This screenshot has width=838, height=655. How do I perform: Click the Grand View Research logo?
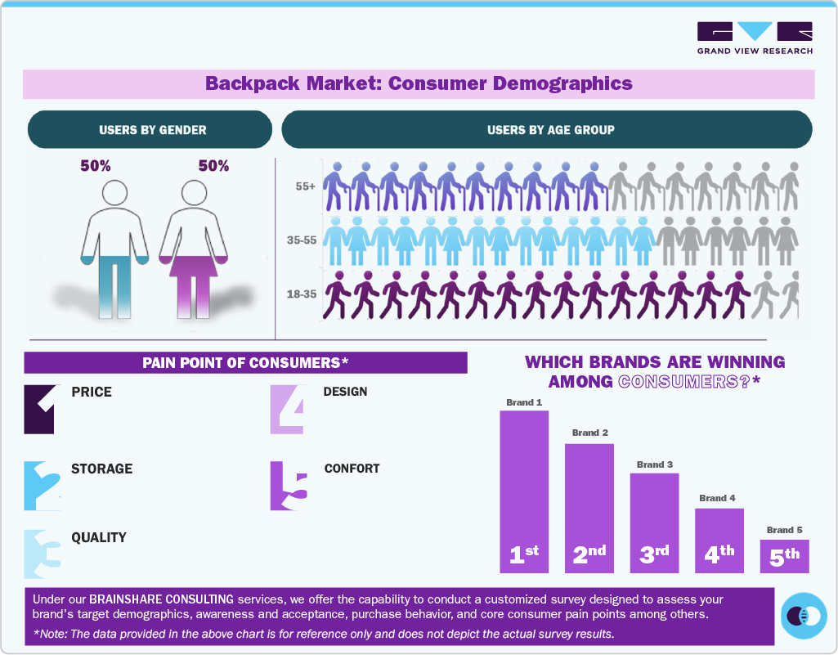click(x=755, y=38)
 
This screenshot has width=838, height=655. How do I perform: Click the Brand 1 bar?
click(x=524, y=491)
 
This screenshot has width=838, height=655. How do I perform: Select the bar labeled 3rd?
click(x=654, y=523)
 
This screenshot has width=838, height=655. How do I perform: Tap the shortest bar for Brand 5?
click(x=784, y=556)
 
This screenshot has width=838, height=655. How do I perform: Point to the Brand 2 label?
click(x=589, y=433)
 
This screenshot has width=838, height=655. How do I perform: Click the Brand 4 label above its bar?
click(x=717, y=498)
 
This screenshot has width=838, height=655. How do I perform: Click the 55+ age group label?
click(x=306, y=186)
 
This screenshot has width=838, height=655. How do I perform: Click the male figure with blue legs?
click(x=115, y=245)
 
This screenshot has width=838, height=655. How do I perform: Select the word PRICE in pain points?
click(x=92, y=392)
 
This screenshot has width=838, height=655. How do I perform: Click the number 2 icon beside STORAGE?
click(x=42, y=486)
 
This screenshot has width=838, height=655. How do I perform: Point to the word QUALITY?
click(x=98, y=537)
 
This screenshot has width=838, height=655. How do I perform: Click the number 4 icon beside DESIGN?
click(x=289, y=408)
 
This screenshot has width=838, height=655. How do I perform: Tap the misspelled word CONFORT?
click(x=352, y=469)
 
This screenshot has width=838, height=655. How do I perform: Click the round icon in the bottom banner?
click(x=804, y=616)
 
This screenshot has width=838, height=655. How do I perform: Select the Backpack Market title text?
click(x=419, y=83)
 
